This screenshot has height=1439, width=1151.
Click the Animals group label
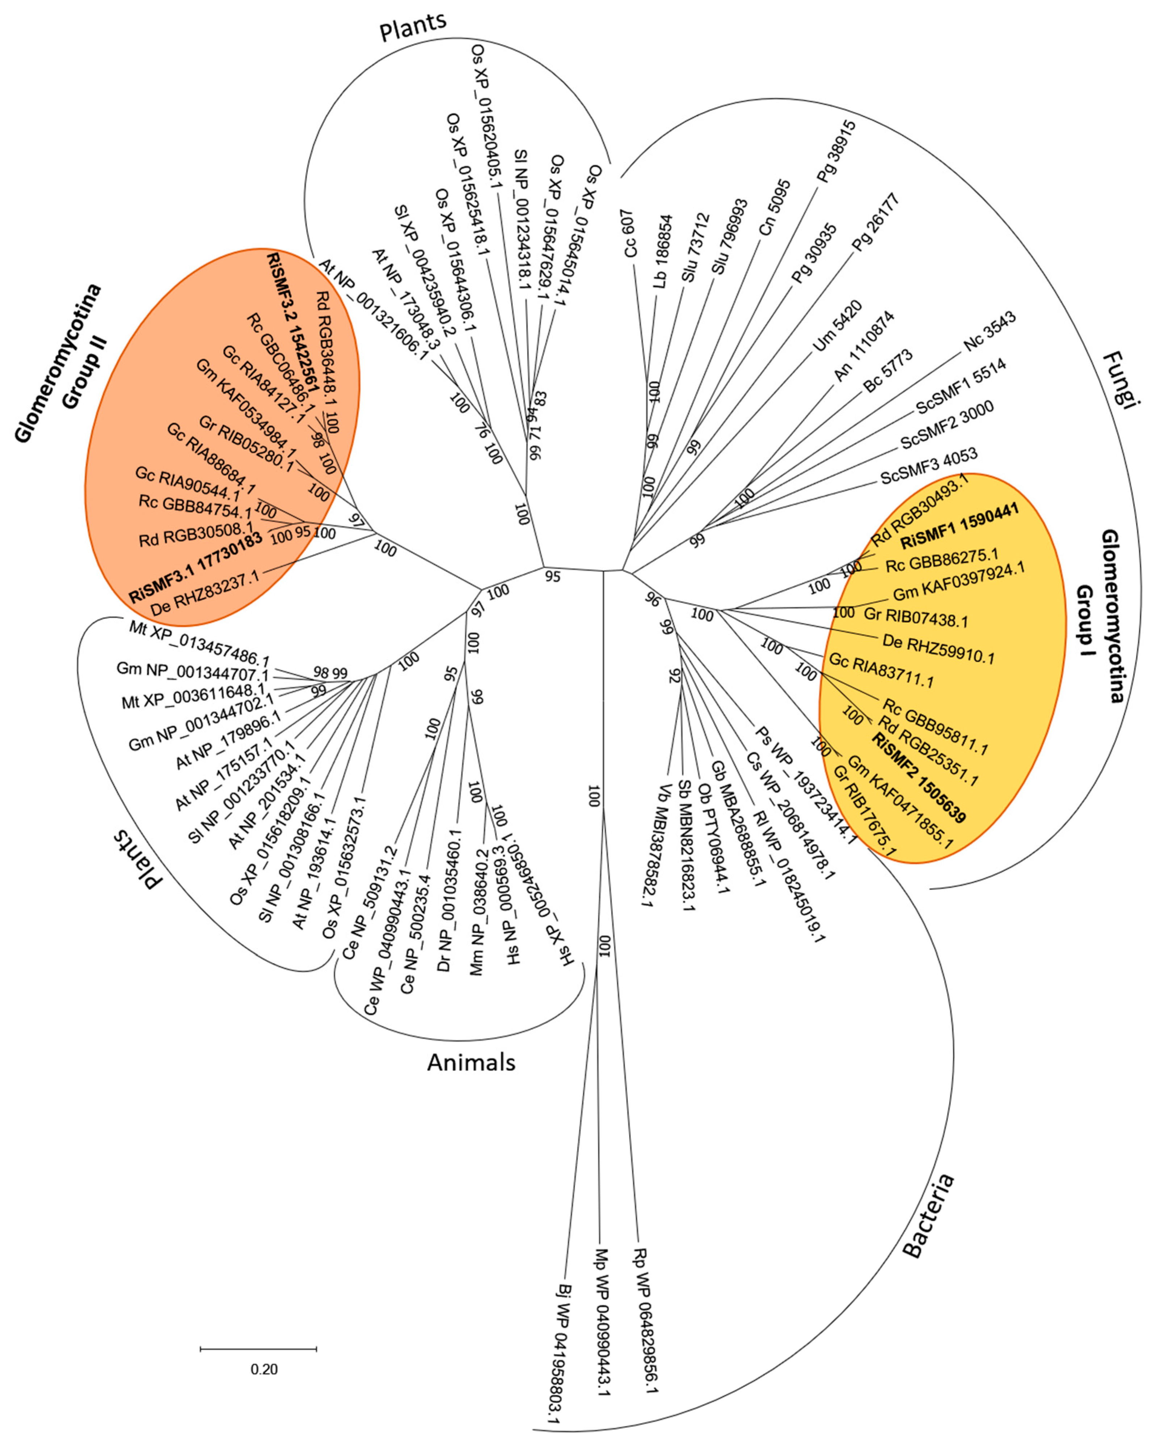pyautogui.click(x=471, y=1062)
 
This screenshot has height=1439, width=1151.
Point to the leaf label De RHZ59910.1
pyautogui.click(x=938, y=649)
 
